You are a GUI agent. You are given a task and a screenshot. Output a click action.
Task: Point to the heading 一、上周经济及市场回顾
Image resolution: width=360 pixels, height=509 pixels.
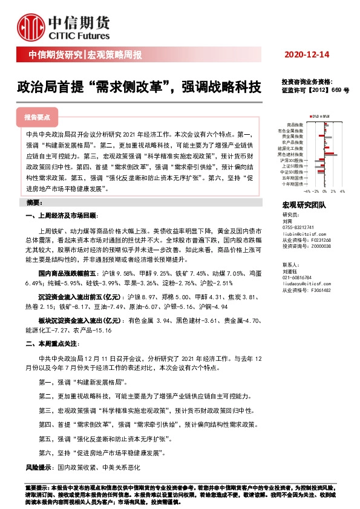click(61, 216)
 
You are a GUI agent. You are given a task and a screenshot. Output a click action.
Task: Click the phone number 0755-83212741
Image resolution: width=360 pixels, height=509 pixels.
click(301, 227)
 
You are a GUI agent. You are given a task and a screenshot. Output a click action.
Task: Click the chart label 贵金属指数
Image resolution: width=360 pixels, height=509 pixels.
click(294, 136)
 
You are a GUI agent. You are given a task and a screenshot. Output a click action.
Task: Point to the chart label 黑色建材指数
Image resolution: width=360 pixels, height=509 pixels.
click(293, 154)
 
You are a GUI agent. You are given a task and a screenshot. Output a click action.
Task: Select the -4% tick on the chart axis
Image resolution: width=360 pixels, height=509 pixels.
click(307, 190)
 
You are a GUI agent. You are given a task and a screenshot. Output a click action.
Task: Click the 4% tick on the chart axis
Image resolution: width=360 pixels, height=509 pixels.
click(342, 190)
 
